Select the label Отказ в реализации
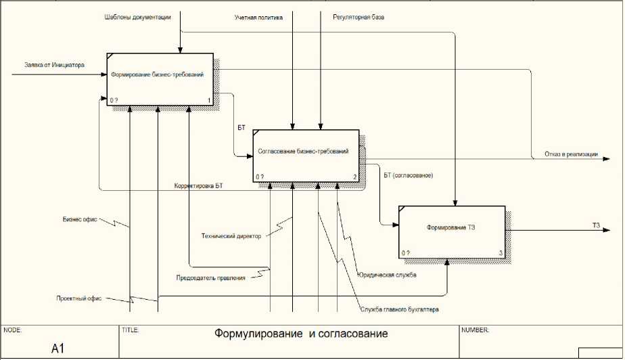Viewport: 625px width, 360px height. coord(571,154)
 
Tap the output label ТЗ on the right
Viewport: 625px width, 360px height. coord(596,225)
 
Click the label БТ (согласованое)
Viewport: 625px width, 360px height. coord(408,176)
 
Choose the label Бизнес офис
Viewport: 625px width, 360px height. coord(80,219)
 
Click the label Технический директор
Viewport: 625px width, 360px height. coord(231,236)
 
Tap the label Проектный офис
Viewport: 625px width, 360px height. coord(79,298)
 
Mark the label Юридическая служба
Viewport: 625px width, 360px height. coord(387,275)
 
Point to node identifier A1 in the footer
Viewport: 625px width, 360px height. coord(59,348)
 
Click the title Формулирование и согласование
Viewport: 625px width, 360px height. coord(301,334)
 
